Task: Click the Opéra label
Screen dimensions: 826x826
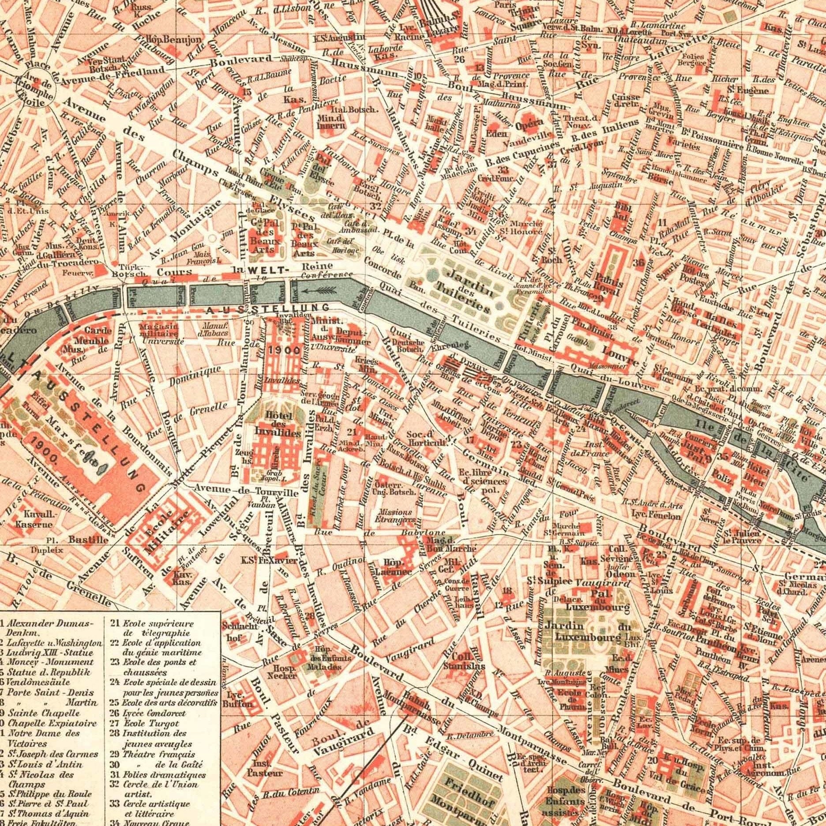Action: (x=529, y=125)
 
